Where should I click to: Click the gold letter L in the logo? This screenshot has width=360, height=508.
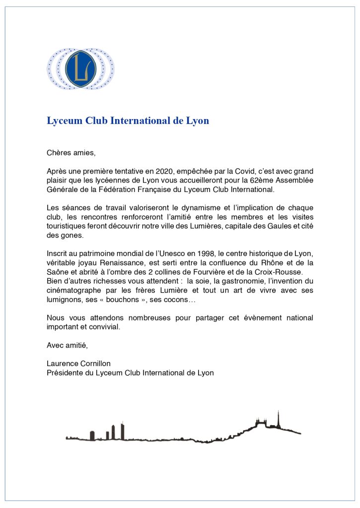click(x=80, y=68)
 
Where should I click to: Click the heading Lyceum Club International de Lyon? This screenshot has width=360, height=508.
click(x=128, y=121)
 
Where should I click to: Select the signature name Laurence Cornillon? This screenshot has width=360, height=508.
click(x=78, y=364)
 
